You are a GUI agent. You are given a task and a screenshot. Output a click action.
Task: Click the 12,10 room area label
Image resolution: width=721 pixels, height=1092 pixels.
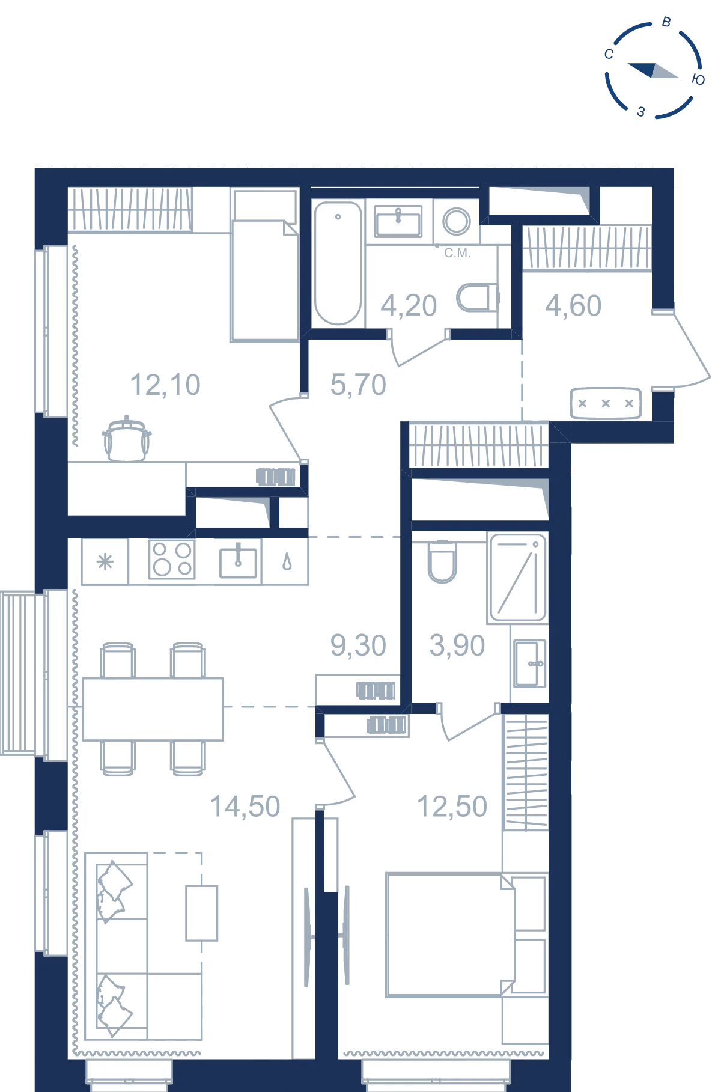click(x=165, y=385)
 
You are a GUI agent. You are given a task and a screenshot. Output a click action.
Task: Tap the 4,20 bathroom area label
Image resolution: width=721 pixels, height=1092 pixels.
click(x=409, y=306)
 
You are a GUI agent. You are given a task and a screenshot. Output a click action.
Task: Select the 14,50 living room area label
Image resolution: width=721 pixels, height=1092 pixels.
click(x=245, y=807)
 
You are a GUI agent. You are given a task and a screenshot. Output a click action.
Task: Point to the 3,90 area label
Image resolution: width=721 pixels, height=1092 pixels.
click(x=457, y=646)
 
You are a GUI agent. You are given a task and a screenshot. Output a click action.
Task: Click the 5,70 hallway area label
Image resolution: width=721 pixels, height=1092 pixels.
click(x=358, y=385)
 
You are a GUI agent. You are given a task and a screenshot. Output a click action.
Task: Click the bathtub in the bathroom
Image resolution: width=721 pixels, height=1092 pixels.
click(x=338, y=263)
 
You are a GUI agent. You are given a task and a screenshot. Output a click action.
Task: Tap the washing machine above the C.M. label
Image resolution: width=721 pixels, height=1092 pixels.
click(x=457, y=221)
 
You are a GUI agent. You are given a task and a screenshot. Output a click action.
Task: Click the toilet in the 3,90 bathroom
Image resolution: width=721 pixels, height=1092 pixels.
click(x=442, y=562)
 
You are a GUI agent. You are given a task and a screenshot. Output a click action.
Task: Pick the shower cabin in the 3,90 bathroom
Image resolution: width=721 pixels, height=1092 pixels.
click(x=518, y=578)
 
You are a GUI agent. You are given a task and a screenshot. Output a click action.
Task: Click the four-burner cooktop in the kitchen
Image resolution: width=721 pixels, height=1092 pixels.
click(x=172, y=560)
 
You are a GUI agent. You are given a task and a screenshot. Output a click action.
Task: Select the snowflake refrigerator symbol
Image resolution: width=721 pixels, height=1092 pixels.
click(x=105, y=562)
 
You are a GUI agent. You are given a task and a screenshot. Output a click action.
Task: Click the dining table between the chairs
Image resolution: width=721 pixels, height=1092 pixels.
click(x=153, y=709)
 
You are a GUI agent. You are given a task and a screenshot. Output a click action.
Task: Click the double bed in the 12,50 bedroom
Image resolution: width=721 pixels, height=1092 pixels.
click(x=451, y=935)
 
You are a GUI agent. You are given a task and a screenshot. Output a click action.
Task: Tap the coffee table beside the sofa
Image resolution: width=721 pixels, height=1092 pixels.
click(x=201, y=913)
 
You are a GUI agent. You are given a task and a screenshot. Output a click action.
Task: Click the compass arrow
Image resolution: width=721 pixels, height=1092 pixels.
click(x=653, y=71)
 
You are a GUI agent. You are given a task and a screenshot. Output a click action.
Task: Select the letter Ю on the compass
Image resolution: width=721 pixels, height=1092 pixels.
click(x=698, y=80)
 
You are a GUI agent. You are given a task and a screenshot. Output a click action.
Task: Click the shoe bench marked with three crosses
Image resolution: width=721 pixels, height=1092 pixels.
click(x=606, y=403)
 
